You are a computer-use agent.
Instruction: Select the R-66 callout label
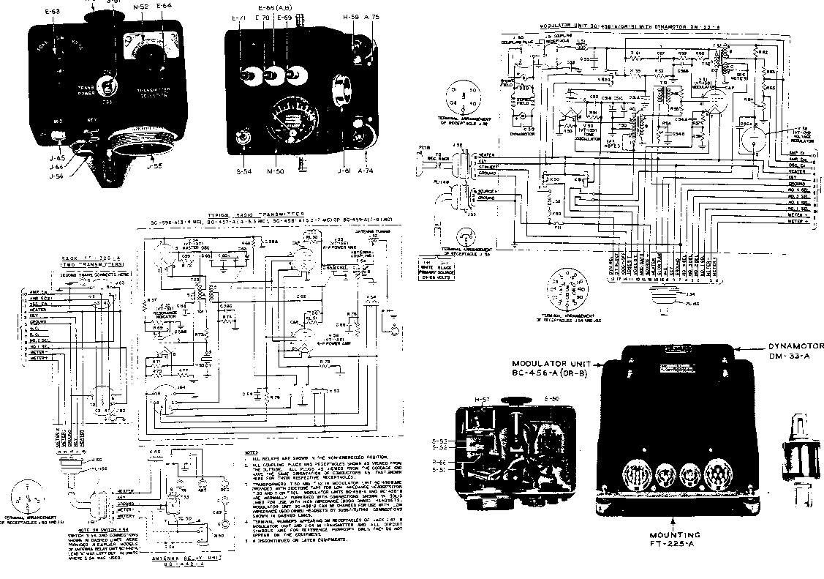[440, 462]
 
